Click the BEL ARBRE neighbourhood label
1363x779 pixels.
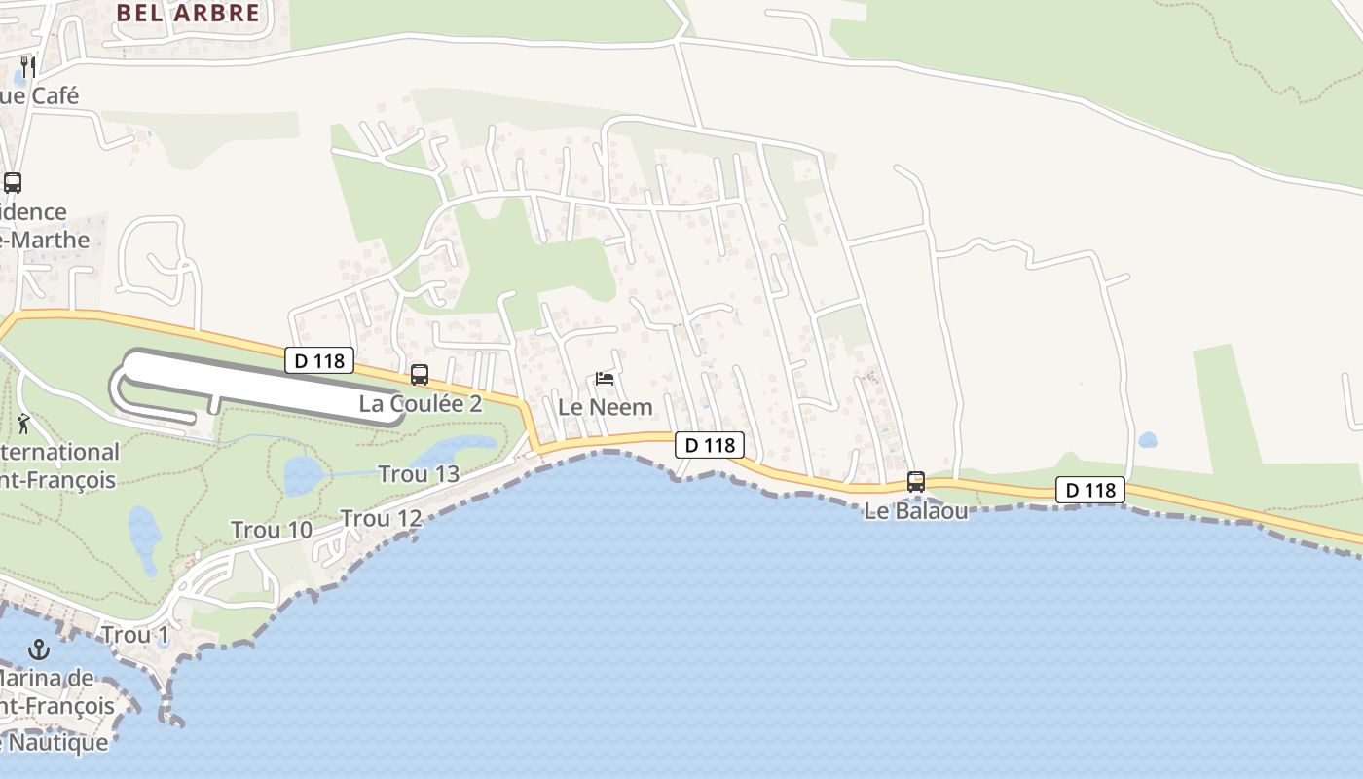[189, 13]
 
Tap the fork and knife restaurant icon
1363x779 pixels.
[28, 66]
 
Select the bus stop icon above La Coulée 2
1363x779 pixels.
[420, 375]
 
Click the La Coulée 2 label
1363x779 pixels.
[421, 403]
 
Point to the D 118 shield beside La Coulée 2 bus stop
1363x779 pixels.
[319, 361]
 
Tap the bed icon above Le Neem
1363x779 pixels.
[605, 379]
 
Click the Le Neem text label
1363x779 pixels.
[605, 407]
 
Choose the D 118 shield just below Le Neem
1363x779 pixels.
[710, 445]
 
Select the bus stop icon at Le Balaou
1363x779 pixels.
[915, 482]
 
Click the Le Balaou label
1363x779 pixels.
[916, 510]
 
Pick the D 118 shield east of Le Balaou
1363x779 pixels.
[1090, 490]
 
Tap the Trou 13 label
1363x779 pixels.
[419, 474]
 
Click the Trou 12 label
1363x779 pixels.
[382, 519]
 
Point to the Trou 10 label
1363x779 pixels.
[272, 530]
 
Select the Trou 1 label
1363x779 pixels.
[136, 635]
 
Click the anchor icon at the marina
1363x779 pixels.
[39, 649]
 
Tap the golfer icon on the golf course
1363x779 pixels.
[23, 424]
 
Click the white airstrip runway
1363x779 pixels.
[263, 388]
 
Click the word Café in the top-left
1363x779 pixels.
[55, 95]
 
